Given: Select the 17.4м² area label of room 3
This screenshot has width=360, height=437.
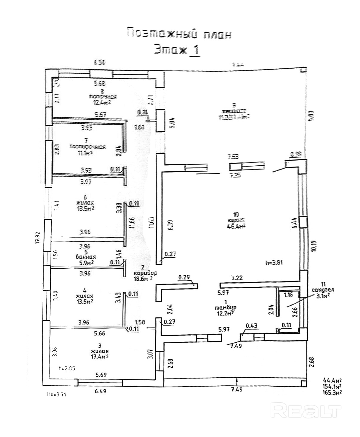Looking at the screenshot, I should tap(100, 357).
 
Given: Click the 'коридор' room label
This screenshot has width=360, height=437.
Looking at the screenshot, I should tap(145, 273).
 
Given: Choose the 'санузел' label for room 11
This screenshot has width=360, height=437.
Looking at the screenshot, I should tap(323, 290).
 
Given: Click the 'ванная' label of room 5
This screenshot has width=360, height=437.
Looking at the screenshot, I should tap(86, 257).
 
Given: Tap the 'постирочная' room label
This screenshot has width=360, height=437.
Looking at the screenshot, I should tap(87, 147).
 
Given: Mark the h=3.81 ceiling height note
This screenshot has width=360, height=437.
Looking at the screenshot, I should tap(274, 263).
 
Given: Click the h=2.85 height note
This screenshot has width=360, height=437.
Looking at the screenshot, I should tap(67, 368).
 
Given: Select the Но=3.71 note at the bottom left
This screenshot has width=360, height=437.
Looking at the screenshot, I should tap(56, 394).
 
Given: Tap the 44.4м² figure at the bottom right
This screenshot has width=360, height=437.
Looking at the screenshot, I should tap(332, 380).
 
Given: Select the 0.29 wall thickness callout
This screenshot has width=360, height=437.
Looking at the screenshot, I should tap(184, 278).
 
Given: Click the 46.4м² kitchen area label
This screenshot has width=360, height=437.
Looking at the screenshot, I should tap(236, 226).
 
